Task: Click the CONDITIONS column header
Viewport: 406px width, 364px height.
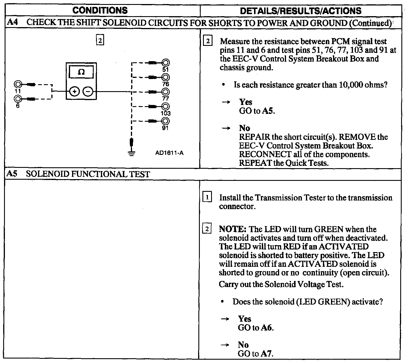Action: pos(100,10)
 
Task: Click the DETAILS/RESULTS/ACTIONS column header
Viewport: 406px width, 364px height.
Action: pos(300,11)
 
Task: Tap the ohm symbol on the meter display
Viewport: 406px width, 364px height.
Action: pos(81,72)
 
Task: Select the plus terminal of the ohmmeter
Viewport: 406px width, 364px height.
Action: pos(74,92)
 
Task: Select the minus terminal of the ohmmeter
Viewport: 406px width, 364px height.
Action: pos(88,92)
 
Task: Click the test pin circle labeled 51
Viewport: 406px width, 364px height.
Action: pos(166,63)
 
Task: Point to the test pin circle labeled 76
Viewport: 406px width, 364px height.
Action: pos(166,77)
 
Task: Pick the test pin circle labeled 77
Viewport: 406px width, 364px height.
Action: pos(166,92)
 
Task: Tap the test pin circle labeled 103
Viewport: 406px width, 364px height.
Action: pos(166,106)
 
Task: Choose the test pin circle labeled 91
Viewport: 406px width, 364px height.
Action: pos(166,121)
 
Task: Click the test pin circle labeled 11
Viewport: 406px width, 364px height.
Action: pos(18,85)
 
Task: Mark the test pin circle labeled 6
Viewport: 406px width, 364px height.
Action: pos(18,99)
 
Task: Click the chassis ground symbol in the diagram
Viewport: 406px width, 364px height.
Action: pos(132,153)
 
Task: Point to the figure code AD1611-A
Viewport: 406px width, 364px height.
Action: pos(169,153)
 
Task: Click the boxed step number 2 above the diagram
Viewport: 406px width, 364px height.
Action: pos(100,40)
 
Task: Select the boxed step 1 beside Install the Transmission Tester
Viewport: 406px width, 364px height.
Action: pos(207,198)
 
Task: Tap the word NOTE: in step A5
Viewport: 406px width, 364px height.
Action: pos(232,229)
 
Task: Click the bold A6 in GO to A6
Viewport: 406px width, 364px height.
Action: pos(267,328)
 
